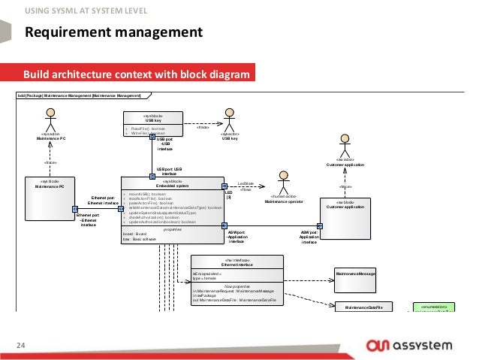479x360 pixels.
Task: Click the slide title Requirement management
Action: coord(113,32)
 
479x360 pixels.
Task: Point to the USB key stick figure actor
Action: coord(227,120)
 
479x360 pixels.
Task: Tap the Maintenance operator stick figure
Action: coord(283,184)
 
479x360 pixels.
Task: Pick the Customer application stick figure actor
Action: coord(345,144)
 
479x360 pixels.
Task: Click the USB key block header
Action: coord(153,118)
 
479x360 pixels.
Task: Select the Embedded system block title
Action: coord(172,184)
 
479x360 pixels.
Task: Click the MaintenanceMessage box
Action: coord(354,274)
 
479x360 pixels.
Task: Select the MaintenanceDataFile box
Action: coord(364,307)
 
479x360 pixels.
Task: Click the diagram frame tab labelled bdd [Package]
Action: coord(83,95)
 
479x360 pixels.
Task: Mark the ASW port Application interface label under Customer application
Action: coord(310,237)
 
